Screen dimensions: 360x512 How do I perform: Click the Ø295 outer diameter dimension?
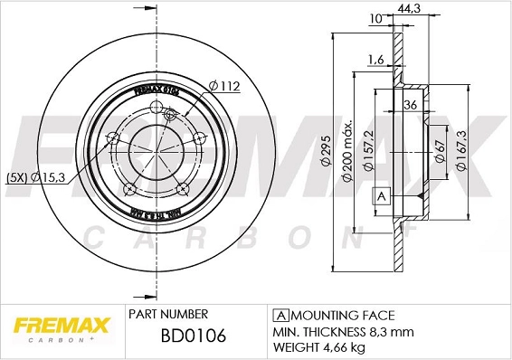point(325,161)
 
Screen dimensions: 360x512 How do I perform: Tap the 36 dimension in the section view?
point(411,104)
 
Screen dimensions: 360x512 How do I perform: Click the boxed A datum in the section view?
point(380,197)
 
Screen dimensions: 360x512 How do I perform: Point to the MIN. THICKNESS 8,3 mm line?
point(337,331)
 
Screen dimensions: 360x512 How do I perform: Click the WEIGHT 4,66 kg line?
point(321,346)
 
